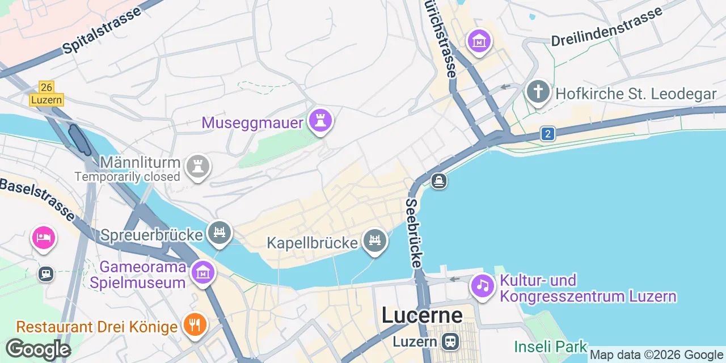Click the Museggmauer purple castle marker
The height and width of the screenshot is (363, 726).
click(320, 120)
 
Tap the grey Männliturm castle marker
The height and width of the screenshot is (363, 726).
click(198, 167)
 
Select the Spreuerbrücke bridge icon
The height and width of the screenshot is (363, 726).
click(220, 232)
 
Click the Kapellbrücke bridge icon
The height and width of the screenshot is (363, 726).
click(374, 240)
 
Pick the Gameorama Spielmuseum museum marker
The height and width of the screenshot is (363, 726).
click(202, 273)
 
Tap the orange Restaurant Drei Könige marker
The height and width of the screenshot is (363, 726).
click(195, 325)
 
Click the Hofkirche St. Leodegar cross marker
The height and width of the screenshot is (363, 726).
click(538, 91)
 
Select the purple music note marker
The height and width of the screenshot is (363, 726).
click(483, 285)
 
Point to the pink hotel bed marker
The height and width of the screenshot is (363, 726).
click(44, 237)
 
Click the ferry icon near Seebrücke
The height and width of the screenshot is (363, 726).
click(438, 181)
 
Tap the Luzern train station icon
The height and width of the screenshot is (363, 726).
click(451, 341)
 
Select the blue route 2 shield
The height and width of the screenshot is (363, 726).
click(547, 134)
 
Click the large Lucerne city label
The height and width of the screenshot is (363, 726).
click(422, 315)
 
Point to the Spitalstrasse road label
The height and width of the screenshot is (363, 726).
click(102, 31)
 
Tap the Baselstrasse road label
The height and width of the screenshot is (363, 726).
click(36, 199)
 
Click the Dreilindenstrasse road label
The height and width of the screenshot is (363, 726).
click(606, 27)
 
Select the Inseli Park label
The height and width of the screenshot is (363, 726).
click(551, 346)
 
